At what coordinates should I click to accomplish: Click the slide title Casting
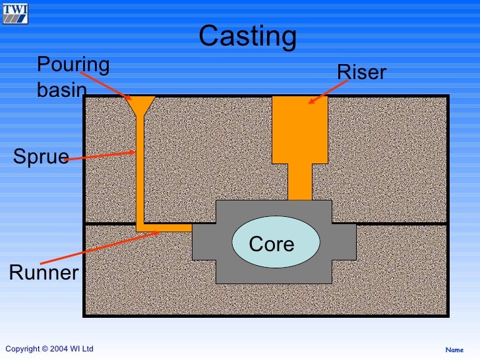[x=248, y=36]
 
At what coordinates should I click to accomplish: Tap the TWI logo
[x=15, y=14]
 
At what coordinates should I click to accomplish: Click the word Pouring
[x=73, y=65]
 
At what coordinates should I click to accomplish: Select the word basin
[x=62, y=90]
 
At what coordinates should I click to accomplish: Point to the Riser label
[x=361, y=73]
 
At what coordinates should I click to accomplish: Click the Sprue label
[x=41, y=157]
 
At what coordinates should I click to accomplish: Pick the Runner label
[x=44, y=272]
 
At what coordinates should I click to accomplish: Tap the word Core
[x=272, y=244]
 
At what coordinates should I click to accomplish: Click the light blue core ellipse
[x=276, y=242]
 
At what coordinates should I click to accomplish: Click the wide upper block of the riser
[x=300, y=130]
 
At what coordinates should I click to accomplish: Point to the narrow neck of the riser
[x=300, y=182]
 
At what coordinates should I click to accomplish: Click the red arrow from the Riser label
[x=328, y=92]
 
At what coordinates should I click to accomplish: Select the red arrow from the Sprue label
[x=100, y=156]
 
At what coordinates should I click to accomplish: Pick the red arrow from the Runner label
[x=100, y=248]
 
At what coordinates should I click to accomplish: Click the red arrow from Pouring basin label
[x=106, y=86]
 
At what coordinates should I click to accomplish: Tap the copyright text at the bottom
[x=49, y=349]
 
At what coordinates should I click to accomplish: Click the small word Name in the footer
[x=454, y=349]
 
